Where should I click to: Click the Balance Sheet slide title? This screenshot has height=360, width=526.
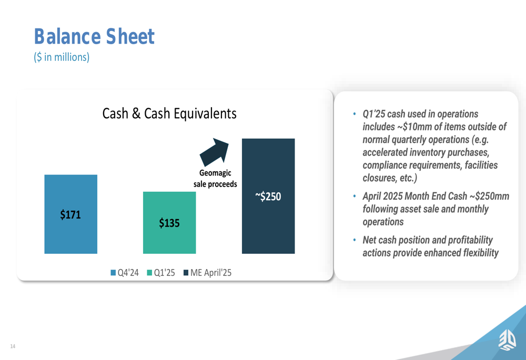pos(94,36)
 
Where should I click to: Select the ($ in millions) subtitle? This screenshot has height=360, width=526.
pos(62,57)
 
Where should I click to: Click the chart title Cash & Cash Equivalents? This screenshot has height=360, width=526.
pos(169,114)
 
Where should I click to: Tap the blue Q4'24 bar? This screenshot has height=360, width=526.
pos(71,214)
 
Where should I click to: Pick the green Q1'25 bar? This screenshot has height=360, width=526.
pos(169,223)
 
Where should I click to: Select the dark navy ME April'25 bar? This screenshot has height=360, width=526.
pos(268,196)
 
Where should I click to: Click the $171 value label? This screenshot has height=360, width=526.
pos(70,214)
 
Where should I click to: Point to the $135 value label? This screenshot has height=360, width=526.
pos(169,223)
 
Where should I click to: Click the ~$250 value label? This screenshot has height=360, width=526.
pos(268,197)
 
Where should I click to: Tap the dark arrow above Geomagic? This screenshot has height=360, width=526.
pos(215,152)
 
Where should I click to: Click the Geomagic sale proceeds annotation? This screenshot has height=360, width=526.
pos(215,178)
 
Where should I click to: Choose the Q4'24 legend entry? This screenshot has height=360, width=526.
pos(125,273)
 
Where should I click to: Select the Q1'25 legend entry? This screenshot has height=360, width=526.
pos(161,273)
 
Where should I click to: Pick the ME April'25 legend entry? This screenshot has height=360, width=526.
pos(207,273)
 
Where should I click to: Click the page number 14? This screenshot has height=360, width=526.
pos(13,346)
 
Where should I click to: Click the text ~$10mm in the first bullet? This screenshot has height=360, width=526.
pos(414,127)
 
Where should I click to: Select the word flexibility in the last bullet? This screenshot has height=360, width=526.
pos(481,253)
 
